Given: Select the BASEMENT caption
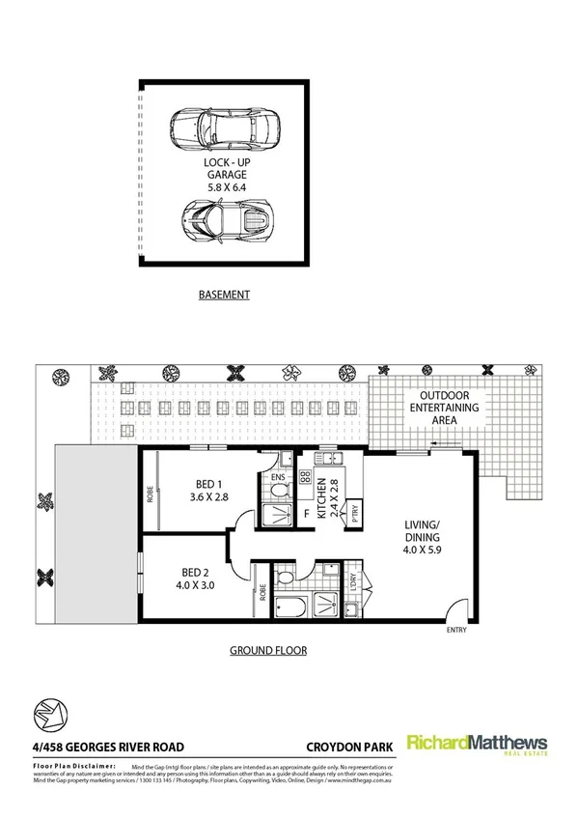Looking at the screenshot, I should point(225,295).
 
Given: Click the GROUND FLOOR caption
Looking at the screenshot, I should point(267,650).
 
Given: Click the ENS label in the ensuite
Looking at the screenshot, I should point(276,477).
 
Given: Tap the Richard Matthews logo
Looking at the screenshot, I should point(476,745).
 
